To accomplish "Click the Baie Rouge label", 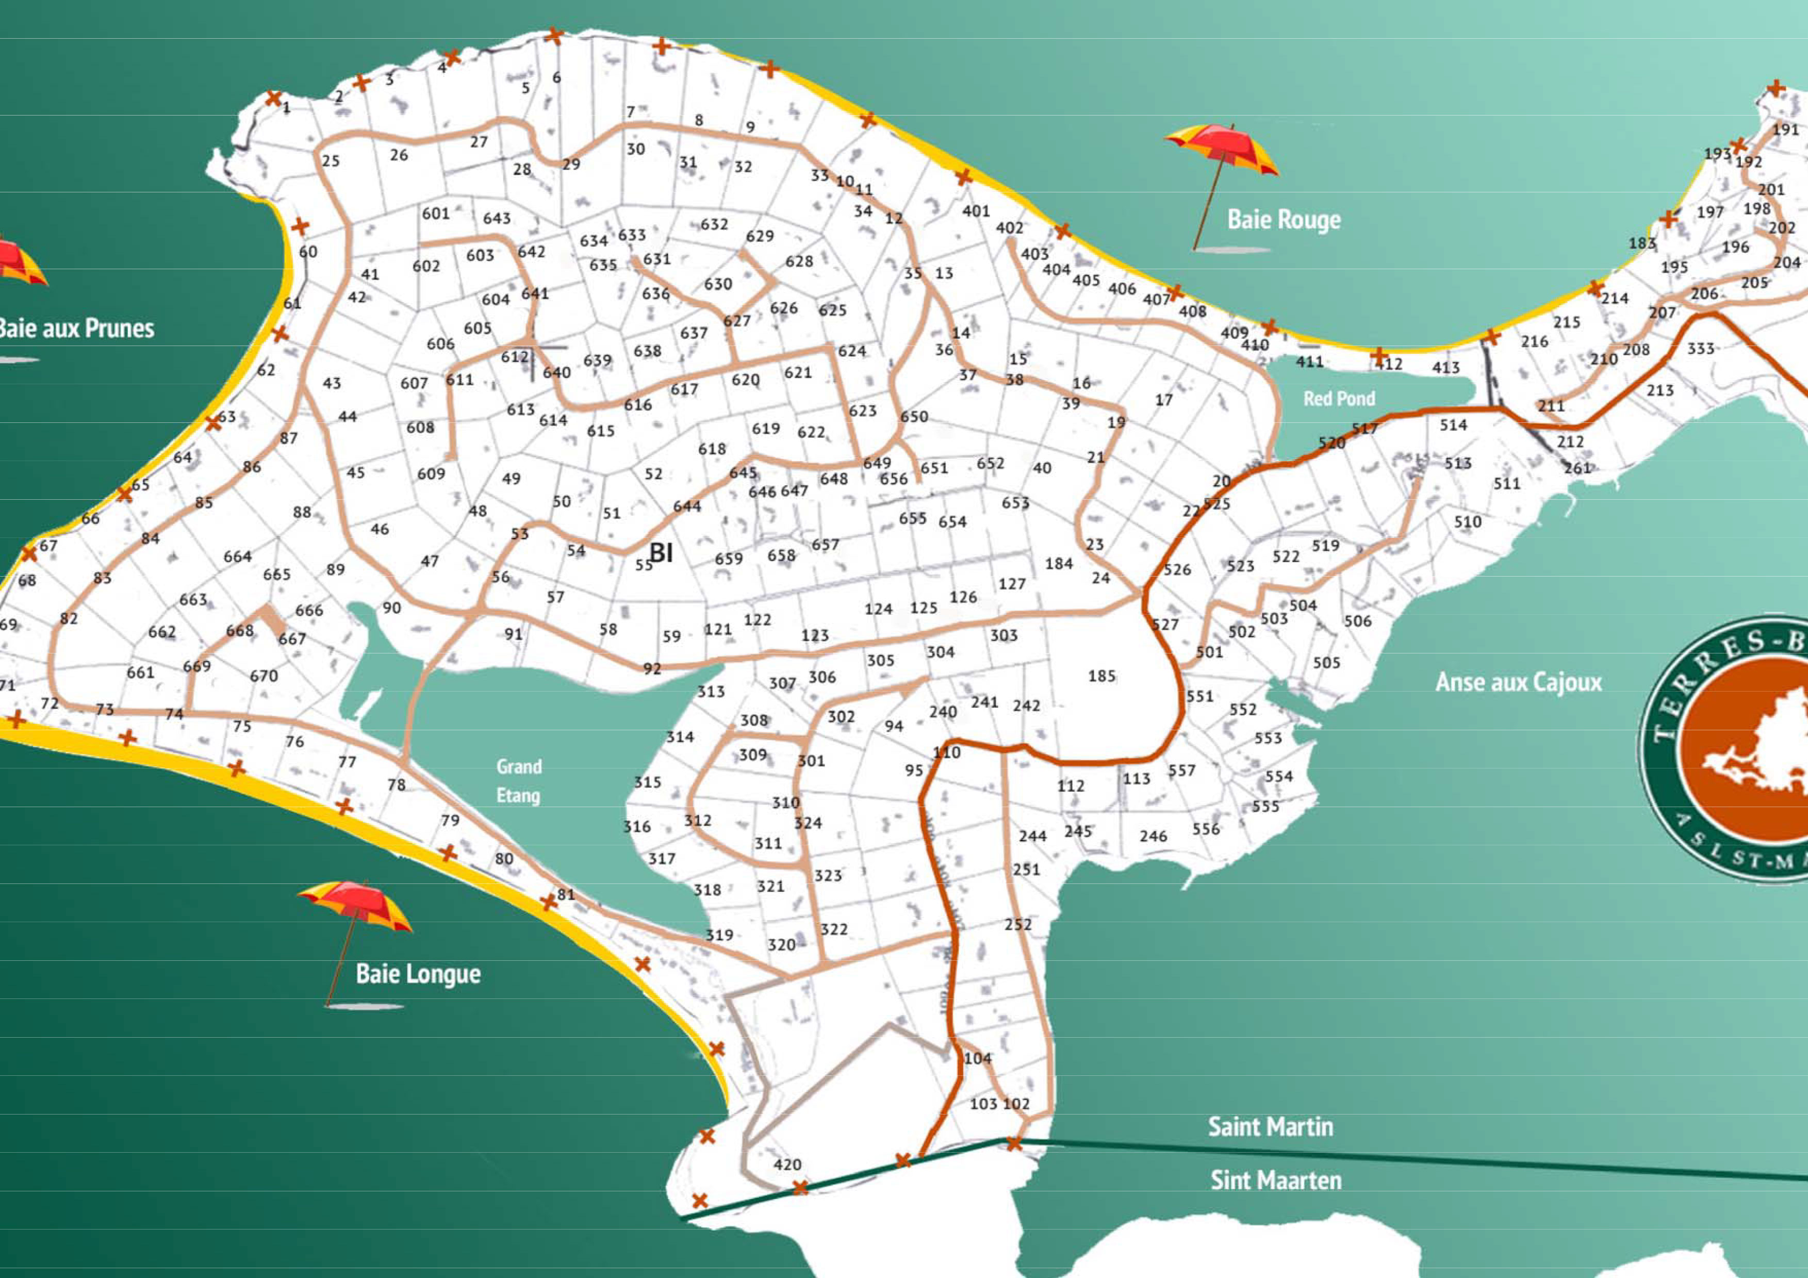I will [1284, 220].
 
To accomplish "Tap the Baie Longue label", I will [418, 974].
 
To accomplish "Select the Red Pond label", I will [1339, 399].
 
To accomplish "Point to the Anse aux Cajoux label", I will [1518, 682].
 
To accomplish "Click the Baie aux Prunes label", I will [76, 329].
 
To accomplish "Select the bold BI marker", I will [661, 553].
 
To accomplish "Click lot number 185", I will [1101, 676].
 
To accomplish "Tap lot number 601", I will [435, 214].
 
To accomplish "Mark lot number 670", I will [264, 676].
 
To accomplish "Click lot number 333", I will [1701, 348].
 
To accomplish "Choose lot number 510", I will [1467, 521].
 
